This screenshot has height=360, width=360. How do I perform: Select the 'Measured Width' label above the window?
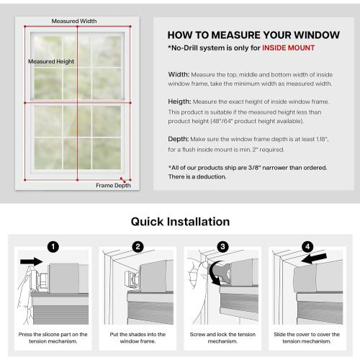[x=70, y=20]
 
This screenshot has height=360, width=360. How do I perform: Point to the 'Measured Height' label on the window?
[x=52, y=62]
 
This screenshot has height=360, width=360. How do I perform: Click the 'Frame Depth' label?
[x=113, y=185]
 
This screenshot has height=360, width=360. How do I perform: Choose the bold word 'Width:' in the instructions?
[x=179, y=73]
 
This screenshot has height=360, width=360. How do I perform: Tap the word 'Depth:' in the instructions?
[x=179, y=141]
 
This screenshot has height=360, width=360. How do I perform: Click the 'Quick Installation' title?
[x=180, y=222]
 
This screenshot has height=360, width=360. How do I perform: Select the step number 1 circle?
[x=52, y=246]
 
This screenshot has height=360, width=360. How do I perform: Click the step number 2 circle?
[x=137, y=246]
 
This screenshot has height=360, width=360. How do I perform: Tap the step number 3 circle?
[x=222, y=246]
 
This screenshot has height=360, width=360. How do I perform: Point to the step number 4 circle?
[x=307, y=246]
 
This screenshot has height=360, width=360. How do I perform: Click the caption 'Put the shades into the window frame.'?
[x=137, y=338]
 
